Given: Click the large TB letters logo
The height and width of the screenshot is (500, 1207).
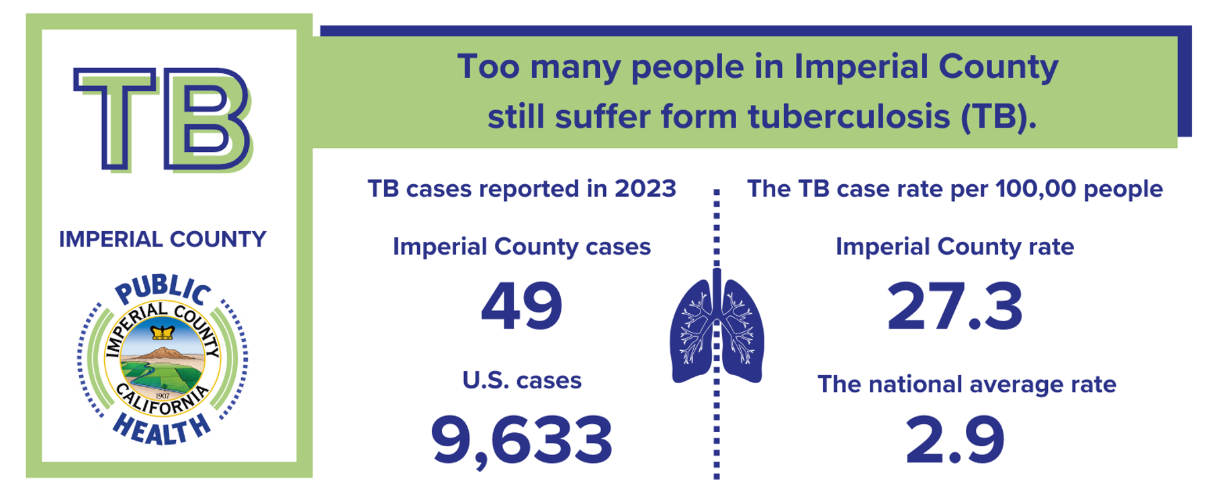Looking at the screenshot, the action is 163,120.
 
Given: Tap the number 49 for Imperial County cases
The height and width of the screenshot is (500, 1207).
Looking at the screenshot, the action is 522,306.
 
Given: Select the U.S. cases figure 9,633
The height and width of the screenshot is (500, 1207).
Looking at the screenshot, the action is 522,441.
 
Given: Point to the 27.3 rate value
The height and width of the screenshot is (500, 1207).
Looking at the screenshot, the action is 954,306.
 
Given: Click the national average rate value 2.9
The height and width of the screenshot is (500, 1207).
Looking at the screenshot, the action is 954,440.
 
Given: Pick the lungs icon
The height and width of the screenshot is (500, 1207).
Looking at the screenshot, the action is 717,327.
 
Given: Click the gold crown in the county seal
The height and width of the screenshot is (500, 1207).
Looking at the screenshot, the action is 163,332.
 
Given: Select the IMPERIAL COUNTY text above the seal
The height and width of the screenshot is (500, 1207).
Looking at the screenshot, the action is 163,239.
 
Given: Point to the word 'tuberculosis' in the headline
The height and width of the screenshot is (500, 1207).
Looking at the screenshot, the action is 849,116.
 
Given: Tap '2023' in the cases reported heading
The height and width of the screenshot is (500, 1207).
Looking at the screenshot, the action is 645,189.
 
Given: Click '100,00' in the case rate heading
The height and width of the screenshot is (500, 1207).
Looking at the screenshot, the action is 1036,189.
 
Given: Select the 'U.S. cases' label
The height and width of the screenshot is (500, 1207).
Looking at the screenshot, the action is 522,380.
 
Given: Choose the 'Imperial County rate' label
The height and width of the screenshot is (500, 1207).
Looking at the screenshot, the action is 954,247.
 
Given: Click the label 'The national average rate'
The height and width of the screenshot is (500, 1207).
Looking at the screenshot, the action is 967,384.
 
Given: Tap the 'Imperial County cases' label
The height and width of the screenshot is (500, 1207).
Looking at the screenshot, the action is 522,247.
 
